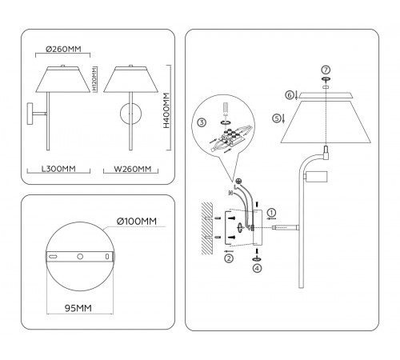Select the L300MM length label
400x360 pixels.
click(x=58, y=169)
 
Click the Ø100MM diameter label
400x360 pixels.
click(x=134, y=221)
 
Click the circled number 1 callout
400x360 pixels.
click(x=271, y=212)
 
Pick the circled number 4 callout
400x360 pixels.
click(x=257, y=269)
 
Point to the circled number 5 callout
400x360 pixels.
click(x=278, y=118)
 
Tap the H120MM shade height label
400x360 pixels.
click(x=95, y=79)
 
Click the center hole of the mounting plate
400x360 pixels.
click(x=80, y=257)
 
